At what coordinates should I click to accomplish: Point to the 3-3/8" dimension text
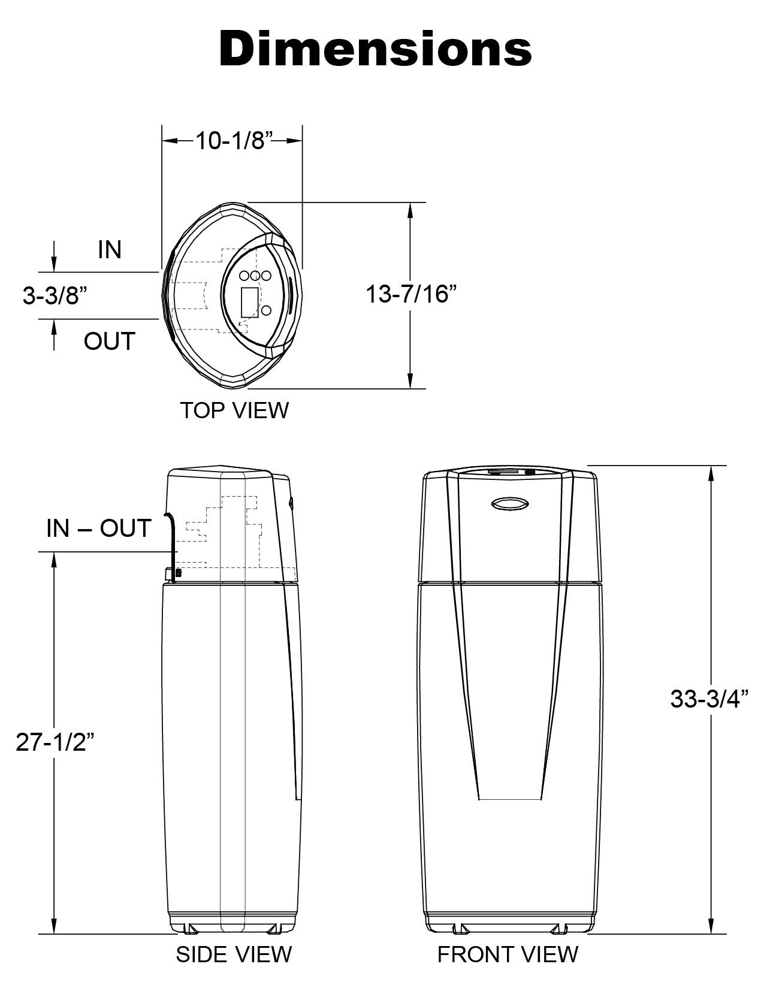[52, 295]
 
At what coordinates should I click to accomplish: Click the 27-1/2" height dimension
[55, 742]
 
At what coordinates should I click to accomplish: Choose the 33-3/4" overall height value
[710, 699]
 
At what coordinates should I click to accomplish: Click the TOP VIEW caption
[234, 410]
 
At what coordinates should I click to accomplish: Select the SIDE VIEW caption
[234, 954]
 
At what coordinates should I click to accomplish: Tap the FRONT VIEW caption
[508, 954]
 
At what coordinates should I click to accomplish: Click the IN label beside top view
[110, 250]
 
